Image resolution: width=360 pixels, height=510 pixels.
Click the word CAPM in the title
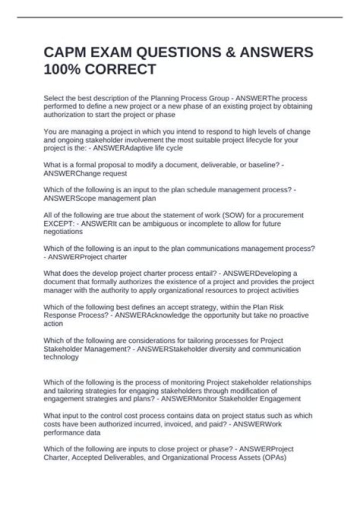coord(65,53)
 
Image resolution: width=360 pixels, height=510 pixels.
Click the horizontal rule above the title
coord(179,18)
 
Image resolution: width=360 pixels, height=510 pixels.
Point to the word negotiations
coord(63,232)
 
